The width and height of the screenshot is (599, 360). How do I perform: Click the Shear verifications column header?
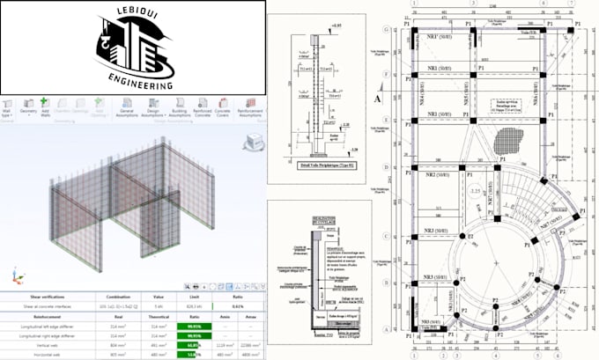[32, 297]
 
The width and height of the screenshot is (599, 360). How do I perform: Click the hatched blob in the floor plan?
[509, 141]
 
